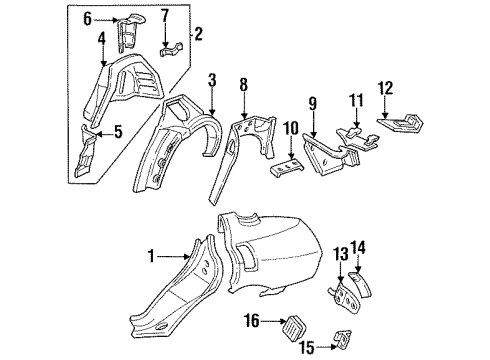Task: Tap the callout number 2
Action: point(199,35)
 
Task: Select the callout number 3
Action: point(212,81)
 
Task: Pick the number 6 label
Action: point(87,18)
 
